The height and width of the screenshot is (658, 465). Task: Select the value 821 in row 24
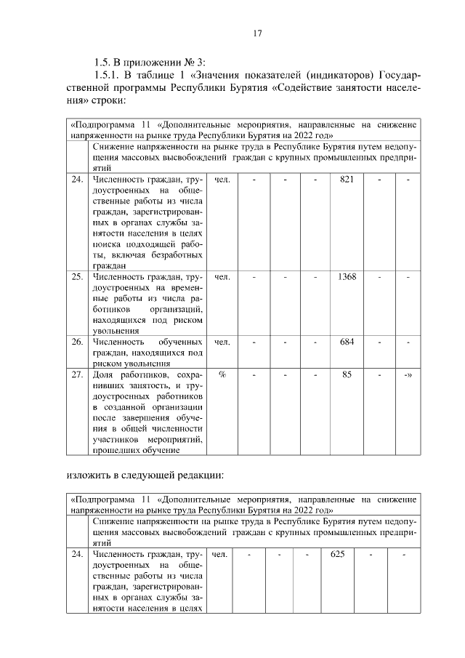point(347,179)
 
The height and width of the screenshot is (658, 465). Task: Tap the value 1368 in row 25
point(347,277)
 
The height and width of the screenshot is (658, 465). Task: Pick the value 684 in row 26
point(347,342)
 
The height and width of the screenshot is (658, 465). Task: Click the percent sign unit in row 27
point(222,374)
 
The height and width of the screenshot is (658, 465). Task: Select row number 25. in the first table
point(77,277)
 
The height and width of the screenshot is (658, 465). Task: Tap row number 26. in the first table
point(77,342)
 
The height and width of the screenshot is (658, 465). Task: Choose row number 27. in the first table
point(77,374)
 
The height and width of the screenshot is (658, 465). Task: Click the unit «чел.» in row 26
point(222,342)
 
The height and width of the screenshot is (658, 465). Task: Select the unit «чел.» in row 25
point(222,277)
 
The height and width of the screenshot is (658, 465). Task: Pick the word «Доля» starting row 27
point(105,374)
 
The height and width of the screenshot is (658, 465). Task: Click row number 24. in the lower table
point(77,555)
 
